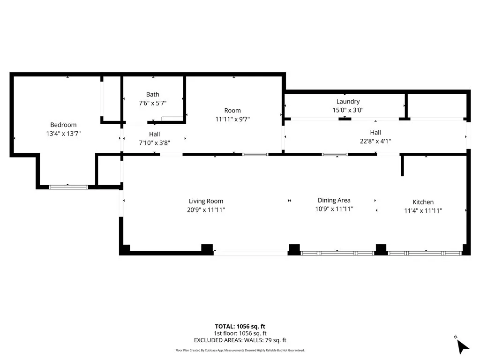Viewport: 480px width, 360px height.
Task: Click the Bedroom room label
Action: pos(63,125)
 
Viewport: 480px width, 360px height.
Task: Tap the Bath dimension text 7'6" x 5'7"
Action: pos(152,103)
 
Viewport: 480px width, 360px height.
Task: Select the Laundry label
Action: pos(348,101)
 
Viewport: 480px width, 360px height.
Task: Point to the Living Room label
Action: pos(206,201)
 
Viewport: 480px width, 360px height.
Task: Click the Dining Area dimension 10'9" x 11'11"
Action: pos(334,209)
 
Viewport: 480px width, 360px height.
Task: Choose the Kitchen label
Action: pos(423,202)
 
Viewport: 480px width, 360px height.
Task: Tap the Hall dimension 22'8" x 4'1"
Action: pos(375,141)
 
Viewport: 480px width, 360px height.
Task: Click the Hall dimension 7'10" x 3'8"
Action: pos(154,142)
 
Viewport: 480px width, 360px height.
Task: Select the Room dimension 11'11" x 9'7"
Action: pos(232,119)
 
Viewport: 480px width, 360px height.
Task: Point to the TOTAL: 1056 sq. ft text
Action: pos(240,326)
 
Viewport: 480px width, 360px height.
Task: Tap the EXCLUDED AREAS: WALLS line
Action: pos(240,340)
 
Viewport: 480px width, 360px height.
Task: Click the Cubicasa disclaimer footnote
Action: pos(240,350)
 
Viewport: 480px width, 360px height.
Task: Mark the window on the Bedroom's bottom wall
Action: pos(68,187)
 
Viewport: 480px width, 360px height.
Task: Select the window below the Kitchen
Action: pos(425,253)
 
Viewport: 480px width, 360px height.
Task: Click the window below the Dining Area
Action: pos(337,253)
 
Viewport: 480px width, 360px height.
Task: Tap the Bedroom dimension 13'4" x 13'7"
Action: pos(63,133)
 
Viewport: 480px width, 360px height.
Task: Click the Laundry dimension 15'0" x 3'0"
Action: pos(348,110)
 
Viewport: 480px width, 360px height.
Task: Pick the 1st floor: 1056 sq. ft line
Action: pos(240,333)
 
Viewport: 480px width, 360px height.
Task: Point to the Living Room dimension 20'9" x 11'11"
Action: pos(206,210)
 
